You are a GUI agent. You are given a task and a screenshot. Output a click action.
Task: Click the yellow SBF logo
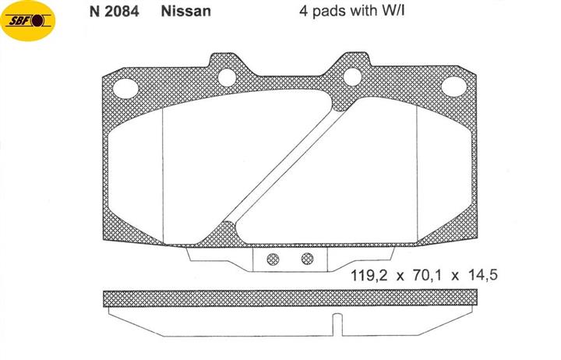[28, 21]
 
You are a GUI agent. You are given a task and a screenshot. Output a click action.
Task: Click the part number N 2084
[114, 12]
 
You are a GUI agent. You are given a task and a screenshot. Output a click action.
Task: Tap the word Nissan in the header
[186, 12]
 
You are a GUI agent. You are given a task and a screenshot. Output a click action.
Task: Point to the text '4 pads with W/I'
[352, 11]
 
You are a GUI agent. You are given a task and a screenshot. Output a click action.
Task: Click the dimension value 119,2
[369, 276]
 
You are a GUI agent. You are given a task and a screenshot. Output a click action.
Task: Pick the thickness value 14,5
[482, 275]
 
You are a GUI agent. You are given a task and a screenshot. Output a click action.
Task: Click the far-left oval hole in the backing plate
[125, 88]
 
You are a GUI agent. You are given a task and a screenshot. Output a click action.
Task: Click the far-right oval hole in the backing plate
[454, 86]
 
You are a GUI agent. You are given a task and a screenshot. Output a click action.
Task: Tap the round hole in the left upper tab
[228, 77]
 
